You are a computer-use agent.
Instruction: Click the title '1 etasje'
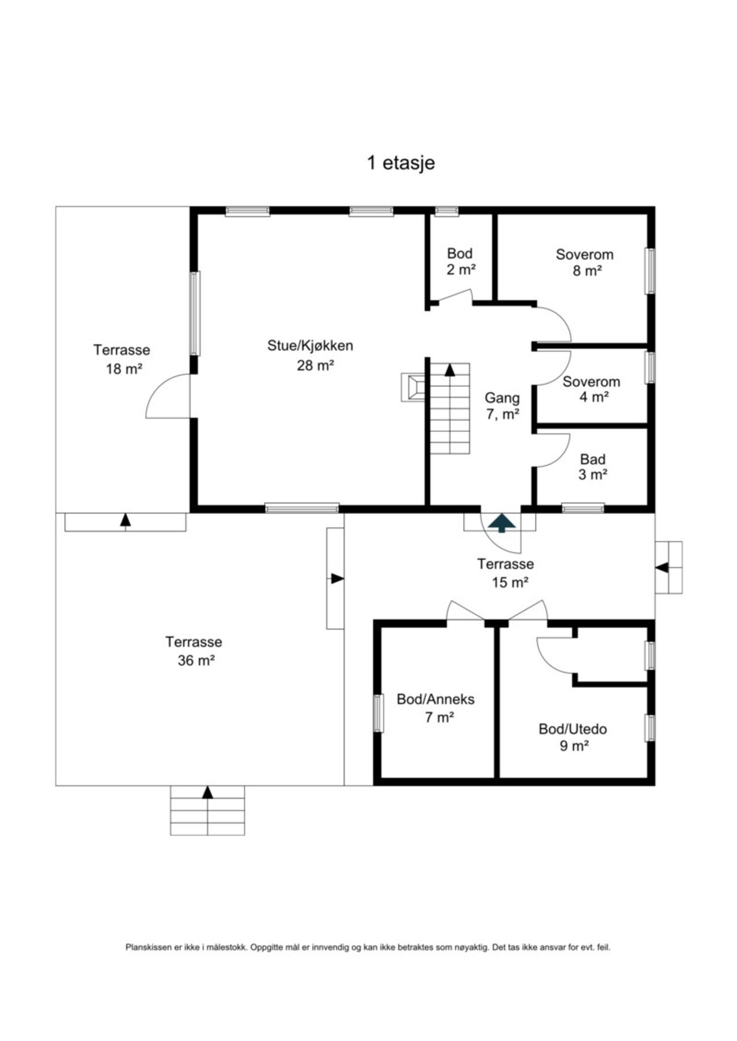401,163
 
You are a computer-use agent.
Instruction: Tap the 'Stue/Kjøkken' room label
310,346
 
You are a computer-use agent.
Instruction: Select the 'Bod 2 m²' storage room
460,261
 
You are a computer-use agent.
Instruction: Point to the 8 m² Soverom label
584,262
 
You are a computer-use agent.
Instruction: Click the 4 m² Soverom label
591,389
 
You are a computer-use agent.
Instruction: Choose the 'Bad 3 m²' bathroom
592,467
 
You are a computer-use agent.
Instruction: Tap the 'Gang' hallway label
502,398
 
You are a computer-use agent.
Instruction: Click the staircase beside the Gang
449,408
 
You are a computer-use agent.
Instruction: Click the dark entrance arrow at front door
501,523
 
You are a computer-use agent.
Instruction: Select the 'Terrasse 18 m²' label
122,359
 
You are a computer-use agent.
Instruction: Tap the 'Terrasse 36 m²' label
194,651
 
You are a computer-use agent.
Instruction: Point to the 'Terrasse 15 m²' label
505,573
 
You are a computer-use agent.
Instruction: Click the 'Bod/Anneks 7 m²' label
435,708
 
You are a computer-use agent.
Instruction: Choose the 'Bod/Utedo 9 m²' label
573,737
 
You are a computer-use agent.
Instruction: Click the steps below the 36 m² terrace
207,810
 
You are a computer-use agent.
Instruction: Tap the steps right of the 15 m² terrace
669,567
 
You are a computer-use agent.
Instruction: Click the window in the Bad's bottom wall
583,508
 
